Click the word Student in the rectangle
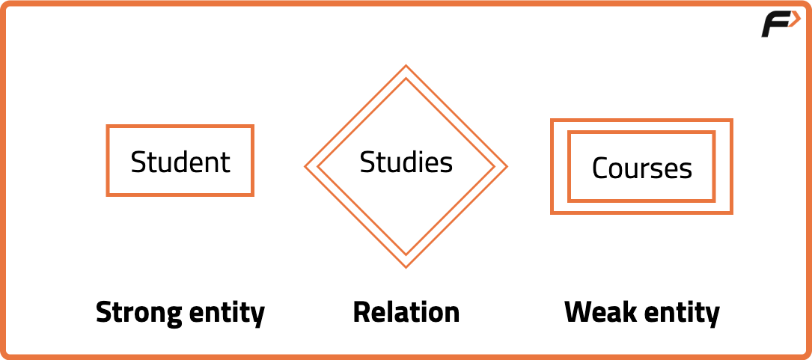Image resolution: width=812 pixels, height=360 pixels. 180,162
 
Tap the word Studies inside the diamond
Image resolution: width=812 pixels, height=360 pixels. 406,162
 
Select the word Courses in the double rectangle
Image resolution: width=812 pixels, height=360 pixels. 641,168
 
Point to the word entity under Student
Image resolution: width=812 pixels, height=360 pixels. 227,313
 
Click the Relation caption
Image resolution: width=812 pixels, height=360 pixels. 406,312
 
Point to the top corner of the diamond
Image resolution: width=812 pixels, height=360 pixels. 406,66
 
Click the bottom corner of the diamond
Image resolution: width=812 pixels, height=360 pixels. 406,267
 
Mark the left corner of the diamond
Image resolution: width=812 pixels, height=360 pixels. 305,166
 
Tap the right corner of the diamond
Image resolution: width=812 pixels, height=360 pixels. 507,166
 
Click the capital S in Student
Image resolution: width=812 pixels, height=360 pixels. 138,162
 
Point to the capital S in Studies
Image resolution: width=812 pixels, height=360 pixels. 367,162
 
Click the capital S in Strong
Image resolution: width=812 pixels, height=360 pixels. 105,312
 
